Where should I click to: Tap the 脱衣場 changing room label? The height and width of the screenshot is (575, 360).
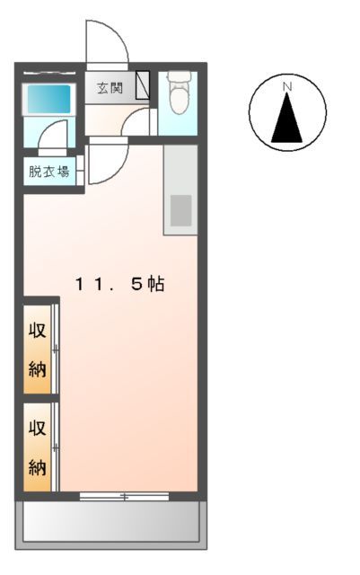(x=49, y=172)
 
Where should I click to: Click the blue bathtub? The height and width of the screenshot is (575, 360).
(x=48, y=99)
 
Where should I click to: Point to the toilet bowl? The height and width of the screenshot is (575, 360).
(x=178, y=102)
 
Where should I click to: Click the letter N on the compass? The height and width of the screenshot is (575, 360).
(x=287, y=86)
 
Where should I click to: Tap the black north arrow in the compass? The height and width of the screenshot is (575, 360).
(x=287, y=118)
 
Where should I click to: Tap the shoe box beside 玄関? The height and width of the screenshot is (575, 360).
(x=143, y=87)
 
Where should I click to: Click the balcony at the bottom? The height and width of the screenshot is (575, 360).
(x=111, y=522)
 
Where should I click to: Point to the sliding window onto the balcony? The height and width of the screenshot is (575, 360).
(x=124, y=496)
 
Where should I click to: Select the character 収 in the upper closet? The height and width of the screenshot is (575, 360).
(x=37, y=327)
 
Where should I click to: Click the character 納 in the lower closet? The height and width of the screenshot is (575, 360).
(x=37, y=466)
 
